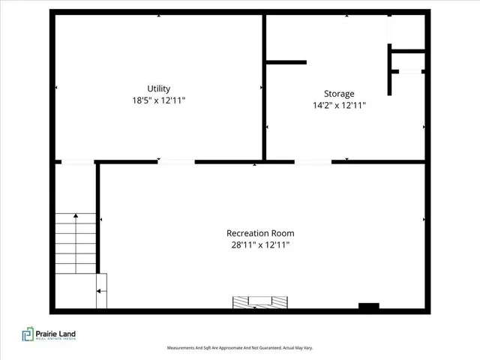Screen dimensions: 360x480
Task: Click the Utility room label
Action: tap(158, 88)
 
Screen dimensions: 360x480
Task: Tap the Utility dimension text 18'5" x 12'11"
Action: tap(158, 100)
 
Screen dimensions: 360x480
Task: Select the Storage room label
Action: tap(339, 94)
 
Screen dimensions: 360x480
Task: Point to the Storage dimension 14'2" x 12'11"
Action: tap(339, 106)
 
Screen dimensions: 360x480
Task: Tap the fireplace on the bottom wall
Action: tap(259, 302)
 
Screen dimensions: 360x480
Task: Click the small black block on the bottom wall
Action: tap(368, 306)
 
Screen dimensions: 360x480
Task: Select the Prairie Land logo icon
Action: tap(28, 334)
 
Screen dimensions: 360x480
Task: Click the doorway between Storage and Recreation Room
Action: tap(312, 161)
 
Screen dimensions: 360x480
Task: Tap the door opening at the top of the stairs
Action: tap(77, 161)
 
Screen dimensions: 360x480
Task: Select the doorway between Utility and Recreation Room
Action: tap(176, 161)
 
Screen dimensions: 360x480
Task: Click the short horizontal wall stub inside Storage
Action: tap(286, 62)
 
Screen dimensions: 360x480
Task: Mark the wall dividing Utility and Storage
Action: tap(264, 86)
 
